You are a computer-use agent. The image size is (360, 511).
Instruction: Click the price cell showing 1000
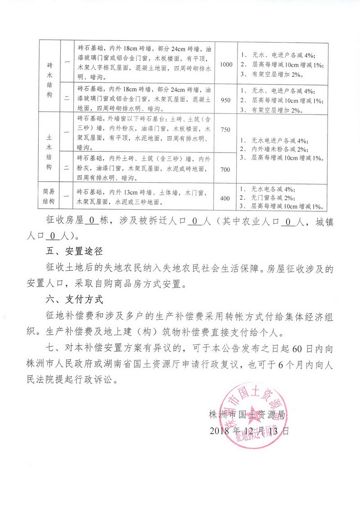pos(226,64)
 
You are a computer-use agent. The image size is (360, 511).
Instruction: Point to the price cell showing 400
pos(226,197)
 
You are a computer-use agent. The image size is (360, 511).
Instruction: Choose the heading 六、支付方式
pos(72,299)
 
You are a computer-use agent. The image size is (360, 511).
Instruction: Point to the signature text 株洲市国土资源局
pos(247,414)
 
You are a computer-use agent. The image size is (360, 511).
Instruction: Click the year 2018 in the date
pos(219,430)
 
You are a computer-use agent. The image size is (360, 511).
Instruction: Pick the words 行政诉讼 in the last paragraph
pos(100,379)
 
